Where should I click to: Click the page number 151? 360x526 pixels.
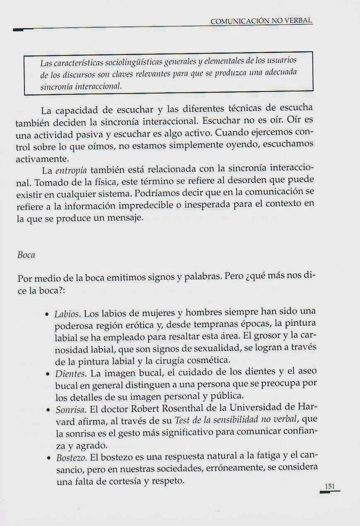(330, 487)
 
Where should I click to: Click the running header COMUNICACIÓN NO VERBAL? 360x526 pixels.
(261, 21)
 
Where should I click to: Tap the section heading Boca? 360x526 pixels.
(26, 255)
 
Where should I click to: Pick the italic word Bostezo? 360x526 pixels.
(70, 458)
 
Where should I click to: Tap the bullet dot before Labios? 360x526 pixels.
(48, 314)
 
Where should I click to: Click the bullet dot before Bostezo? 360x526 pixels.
(48, 458)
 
